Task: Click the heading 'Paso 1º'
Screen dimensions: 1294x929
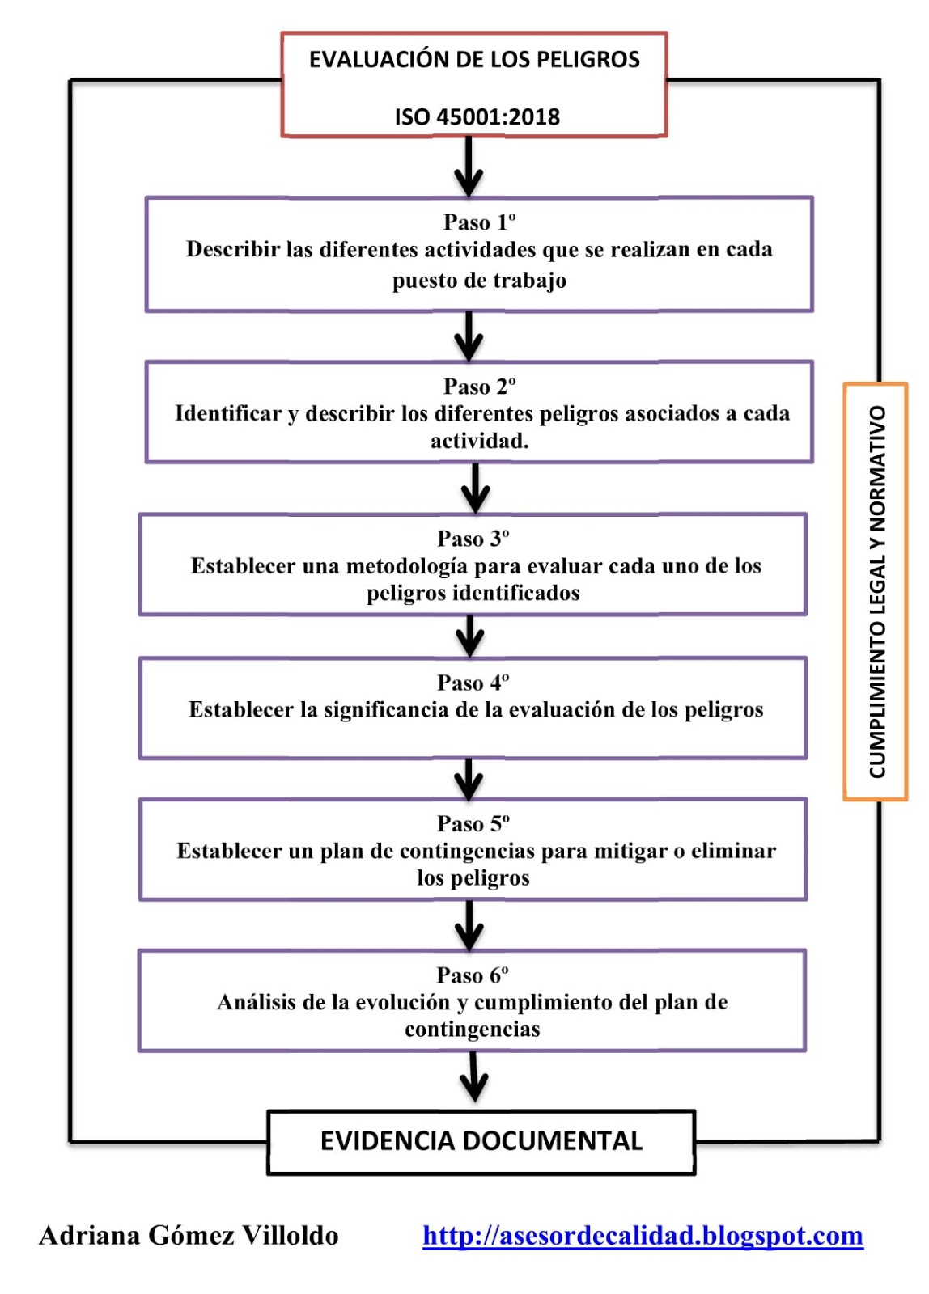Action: pyautogui.click(x=479, y=222)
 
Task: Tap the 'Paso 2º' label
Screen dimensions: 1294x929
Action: pyautogui.click(x=479, y=387)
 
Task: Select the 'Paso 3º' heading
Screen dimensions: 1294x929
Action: pyautogui.click(x=473, y=539)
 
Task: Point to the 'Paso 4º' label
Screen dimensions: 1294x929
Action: pyautogui.click(x=473, y=683)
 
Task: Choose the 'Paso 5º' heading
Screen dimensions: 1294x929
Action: pyautogui.click(x=473, y=823)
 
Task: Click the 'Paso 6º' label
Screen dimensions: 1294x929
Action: pyautogui.click(x=473, y=975)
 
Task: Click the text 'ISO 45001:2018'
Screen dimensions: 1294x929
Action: pyautogui.click(x=477, y=117)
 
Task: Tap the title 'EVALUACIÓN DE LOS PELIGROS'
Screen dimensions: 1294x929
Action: pyautogui.click(x=474, y=60)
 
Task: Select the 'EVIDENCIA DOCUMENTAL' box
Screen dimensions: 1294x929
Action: pyautogui.click(x=481, y=1141)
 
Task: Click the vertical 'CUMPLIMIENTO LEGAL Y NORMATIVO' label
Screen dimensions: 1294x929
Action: pyautogui.click(x=876, y=592)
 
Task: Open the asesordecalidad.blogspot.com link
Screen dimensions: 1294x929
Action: pyautogui.click(x=643, y=1236)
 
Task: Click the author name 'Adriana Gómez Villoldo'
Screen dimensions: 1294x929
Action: pyautogui.click(x=189, y=1236)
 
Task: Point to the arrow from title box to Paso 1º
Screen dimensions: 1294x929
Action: pyautogui.click(x=469, y=167)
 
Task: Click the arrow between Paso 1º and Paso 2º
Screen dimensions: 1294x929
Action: pyautogui.click(x=469, y=336)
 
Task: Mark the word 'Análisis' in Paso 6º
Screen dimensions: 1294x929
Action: pyautogui.click(x=256, y=1003)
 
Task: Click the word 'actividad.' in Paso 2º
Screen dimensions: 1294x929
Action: pyautogui.click(x=479, y=442)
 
